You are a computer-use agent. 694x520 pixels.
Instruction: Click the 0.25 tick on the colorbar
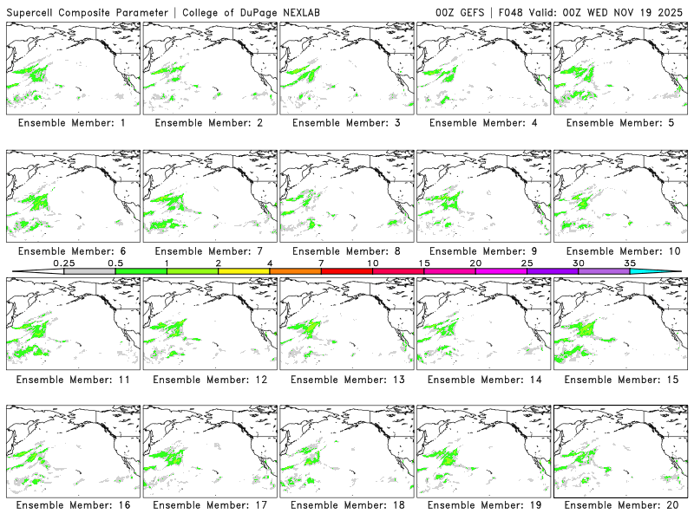point(63,263)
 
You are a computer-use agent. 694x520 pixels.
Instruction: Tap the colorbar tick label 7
point(321,263)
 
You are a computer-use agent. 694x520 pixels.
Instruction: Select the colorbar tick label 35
point(630,263)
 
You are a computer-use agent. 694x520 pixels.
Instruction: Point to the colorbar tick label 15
point(423,263)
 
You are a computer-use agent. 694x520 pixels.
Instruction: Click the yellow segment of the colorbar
point(244,271)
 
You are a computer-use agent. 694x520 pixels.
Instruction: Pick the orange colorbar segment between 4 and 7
point(295,271)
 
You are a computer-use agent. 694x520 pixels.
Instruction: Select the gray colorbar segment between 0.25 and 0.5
point(89,271)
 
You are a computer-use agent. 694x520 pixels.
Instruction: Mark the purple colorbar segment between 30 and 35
point(604,271)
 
